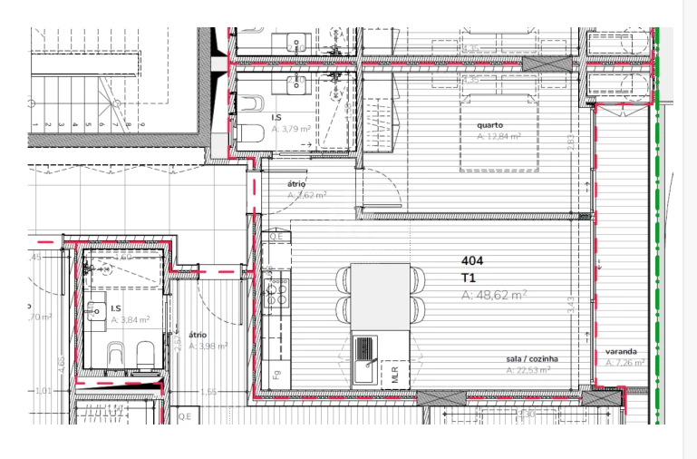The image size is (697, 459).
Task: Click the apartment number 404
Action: [x=473, y=261]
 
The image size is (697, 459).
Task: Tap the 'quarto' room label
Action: [x=490, y=124]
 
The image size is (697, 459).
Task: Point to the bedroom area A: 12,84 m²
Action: [x=499, y=136]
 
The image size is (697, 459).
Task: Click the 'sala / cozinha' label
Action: [x=532, y=359]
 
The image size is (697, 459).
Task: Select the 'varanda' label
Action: [x=621, y=351]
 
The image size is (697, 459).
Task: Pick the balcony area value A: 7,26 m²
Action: [x=624, y=363]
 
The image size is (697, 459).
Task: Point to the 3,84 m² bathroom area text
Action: [x=131, y=320]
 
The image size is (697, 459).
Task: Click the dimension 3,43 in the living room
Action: [x=570, y=306]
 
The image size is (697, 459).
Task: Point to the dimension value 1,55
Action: [x=209, y=392]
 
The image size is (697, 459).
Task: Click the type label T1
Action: [x=470, y=278]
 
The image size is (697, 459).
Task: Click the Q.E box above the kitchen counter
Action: [x=276, y=238]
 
